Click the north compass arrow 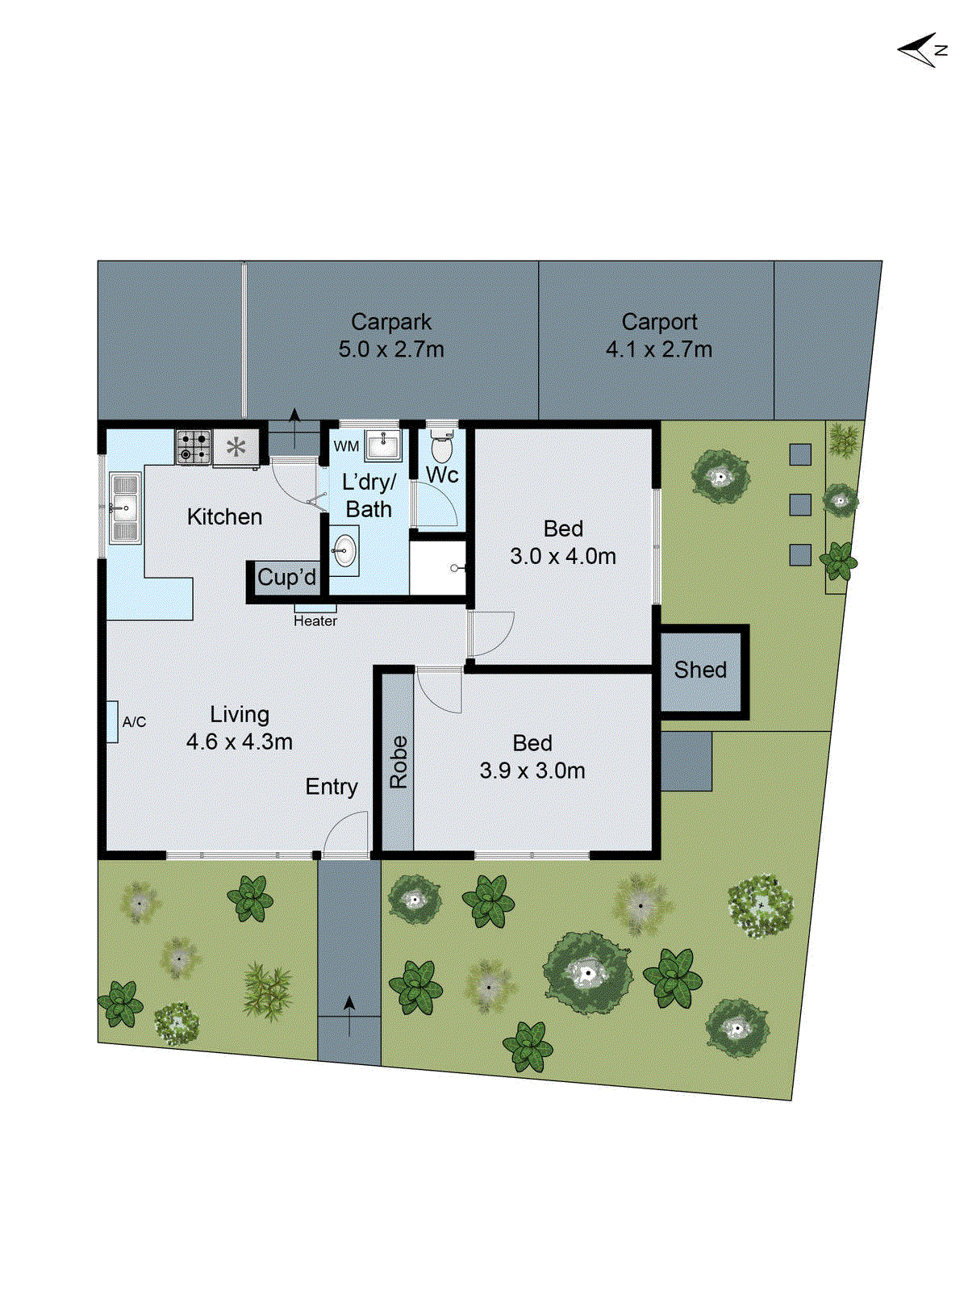pyautogui.click(x=920, y=50)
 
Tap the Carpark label pyautogui.click(x=391, y=323)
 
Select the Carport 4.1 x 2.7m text pyautogui.click(x=659, y=336)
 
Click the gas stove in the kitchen pyautogui.click(x=194, y=446)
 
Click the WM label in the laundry pyautogui.click(x=346, y=446)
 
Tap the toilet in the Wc pyautogui.click(x=441, y=445)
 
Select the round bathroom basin pyautogui.click(x=344, y=552)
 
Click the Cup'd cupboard pyautogui.click(x=287, y=578)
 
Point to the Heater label pyautogui.click(x=315, y=620)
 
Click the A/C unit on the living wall pyautogui.click(x=112, y=721)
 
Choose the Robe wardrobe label pyautogui.click(x=398, y=762)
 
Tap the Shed pyautogui.click(x=700, y=670)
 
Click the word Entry pyautogui.click(x=332, y=787)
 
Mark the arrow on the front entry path pyautogui.click(x=349, y=1015)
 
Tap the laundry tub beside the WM pyautogui.click(x=382, y=444)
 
